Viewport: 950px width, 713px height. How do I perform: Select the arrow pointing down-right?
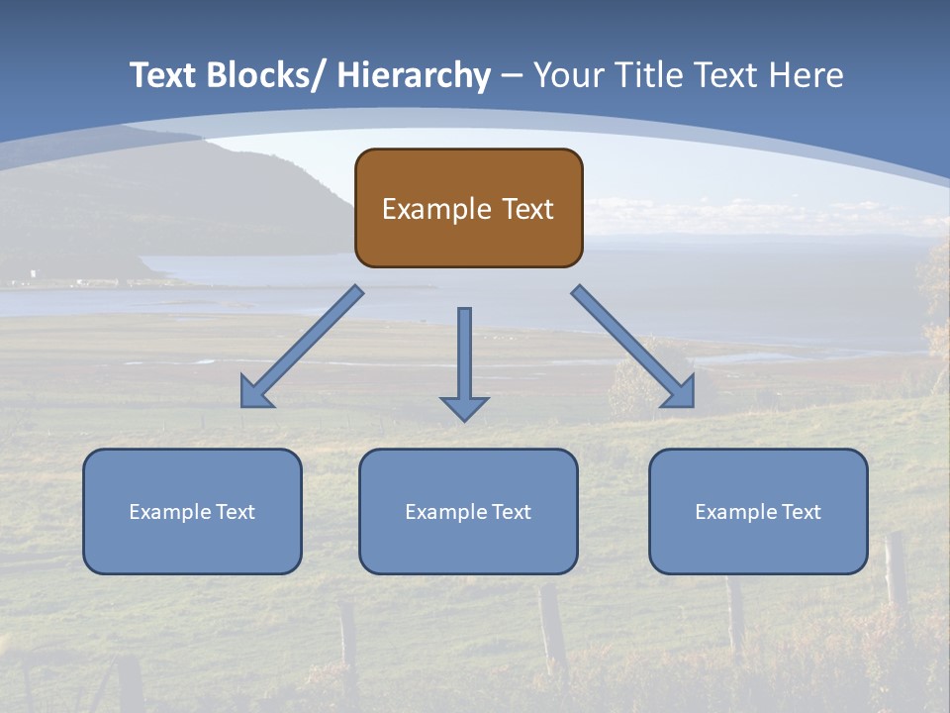click(x=633, y=347)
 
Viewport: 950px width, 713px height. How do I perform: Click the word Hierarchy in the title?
click(x=413, y=75)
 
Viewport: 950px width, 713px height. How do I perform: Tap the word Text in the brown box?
click(x=528, y=209)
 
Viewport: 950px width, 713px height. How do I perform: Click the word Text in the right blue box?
click(x=801, y=512)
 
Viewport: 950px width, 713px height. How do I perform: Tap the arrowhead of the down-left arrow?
click(x=256, y=393)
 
